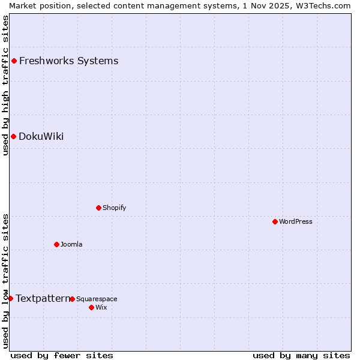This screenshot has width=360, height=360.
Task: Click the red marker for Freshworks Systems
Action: tap(14, 61)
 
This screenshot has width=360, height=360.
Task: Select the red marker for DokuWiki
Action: tap(13, 136)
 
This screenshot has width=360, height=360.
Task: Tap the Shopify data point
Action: tap(98, 208)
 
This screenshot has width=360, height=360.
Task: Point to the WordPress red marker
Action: tap(275, 221)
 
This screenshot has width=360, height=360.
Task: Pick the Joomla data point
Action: tap(56, 244)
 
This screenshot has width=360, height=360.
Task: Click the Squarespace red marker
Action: tap(72, 299)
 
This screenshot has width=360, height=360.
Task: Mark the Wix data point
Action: tap(91, 307)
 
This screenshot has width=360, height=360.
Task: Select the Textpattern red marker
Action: tap(10, 298)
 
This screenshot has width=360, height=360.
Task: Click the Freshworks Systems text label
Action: tap(68, 61)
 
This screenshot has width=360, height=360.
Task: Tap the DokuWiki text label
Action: tap(41, 136)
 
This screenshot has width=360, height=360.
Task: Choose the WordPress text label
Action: tap(295, 221)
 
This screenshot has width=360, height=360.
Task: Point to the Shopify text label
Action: tap(114, 208)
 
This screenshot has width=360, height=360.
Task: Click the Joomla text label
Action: tap(71, 244)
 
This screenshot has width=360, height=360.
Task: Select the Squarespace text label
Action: tap(97, 299)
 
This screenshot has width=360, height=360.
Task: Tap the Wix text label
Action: tap(101, 307)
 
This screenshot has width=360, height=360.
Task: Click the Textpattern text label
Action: tap(42, 298)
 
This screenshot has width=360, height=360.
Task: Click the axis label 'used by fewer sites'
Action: tap(62, 355)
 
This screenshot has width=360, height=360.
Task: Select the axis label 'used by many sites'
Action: tap(301, 355)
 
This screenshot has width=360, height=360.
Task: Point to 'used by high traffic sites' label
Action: tap(5, 85)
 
